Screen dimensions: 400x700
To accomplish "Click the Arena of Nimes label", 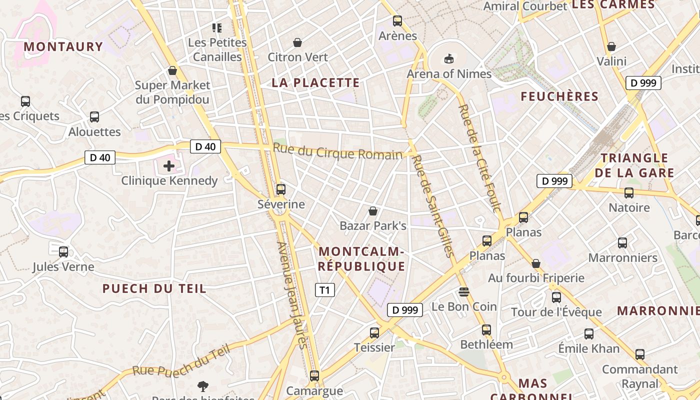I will coord(449,73).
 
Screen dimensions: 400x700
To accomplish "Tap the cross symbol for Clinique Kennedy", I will coord(169,165).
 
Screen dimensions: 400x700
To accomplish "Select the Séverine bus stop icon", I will coord(281,189).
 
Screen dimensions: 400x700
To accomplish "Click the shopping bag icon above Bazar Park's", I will coord(372,211).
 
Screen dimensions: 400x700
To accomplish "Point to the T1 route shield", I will coord(324,290).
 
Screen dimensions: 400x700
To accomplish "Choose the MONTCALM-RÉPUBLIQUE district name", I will coord(361,259).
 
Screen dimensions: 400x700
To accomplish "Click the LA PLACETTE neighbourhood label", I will coord(315,83).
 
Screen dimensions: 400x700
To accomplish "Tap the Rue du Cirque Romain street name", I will coord(337,151).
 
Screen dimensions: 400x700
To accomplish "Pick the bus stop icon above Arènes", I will coord(397,21).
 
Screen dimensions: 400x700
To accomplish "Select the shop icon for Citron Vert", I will coord(297,42).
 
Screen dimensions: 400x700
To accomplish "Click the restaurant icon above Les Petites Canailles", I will coord(217,27).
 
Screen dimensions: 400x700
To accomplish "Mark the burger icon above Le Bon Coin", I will coord(464,291).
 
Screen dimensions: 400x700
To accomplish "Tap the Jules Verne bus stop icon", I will coord(63,251).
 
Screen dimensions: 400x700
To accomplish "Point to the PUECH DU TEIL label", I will coord(154,288).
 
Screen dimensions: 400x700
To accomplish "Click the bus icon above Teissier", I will coord(374,332).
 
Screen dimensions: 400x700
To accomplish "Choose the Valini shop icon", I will coord(611,46).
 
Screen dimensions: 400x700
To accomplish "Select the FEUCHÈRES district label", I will coord(559,96).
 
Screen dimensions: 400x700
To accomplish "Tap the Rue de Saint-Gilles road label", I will coord(433,206).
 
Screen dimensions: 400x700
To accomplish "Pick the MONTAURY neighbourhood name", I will coord(63,47).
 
